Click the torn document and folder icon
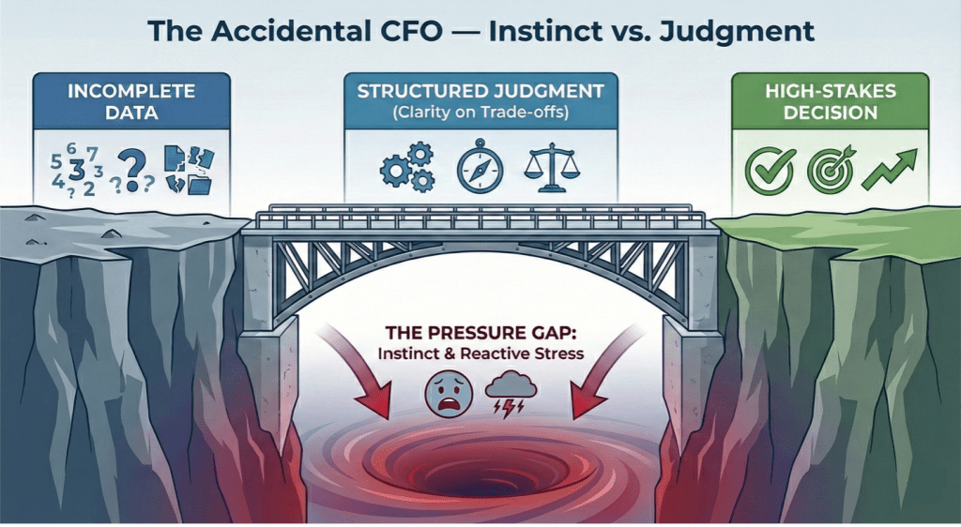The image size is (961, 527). coord(189,169)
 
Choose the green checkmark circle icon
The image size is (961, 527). coord(763,170)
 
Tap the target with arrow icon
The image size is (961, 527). coord(827,169)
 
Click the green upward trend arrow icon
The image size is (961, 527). coord(888,170)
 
